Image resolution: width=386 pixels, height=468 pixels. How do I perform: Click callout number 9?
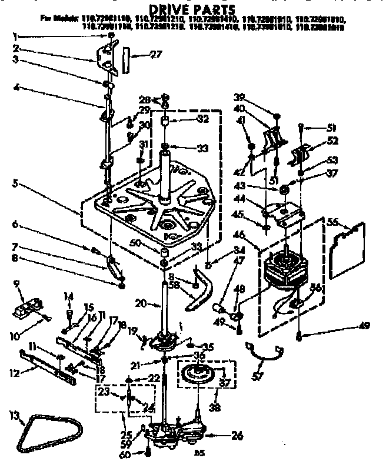[16, 283]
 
